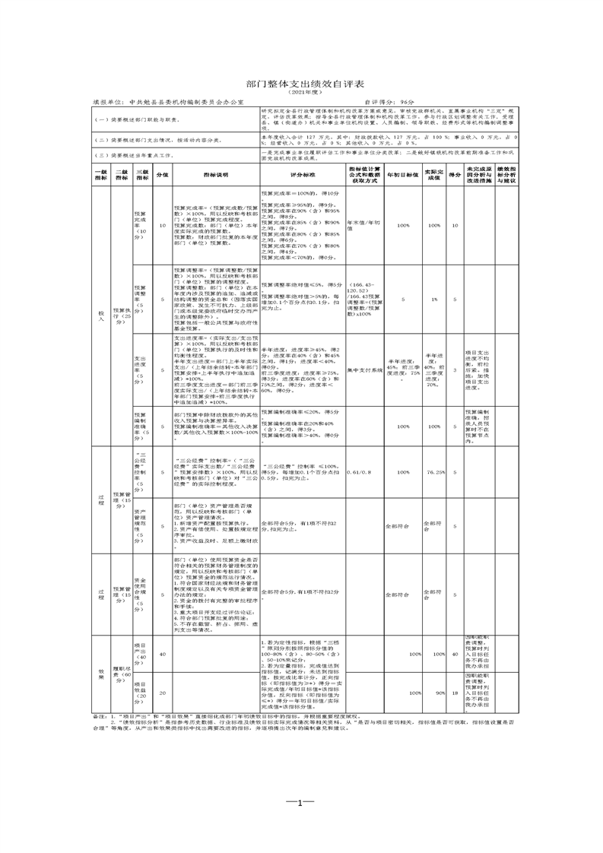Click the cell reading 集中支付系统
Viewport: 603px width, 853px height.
tap(363, 370)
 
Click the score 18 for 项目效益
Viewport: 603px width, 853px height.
tap(455, 693)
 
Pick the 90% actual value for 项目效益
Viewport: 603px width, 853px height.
tap(434, 693)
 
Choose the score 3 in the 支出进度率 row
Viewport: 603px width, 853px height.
tap(455, 370)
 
